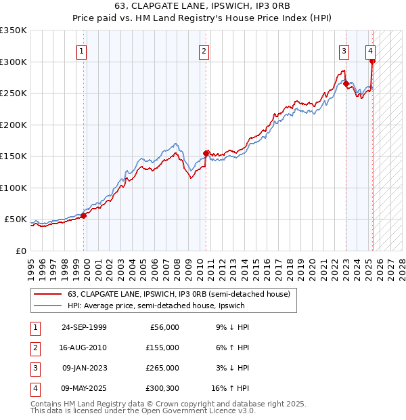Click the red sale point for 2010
[x=206, y=153]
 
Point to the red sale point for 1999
[x=84, y=215]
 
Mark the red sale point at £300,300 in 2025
[x=372, y=62]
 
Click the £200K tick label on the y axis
[x=14, y=125]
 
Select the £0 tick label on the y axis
[x=20, y=251]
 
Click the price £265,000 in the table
[x=162, y=368]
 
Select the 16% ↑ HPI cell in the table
[x=230, y=388]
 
